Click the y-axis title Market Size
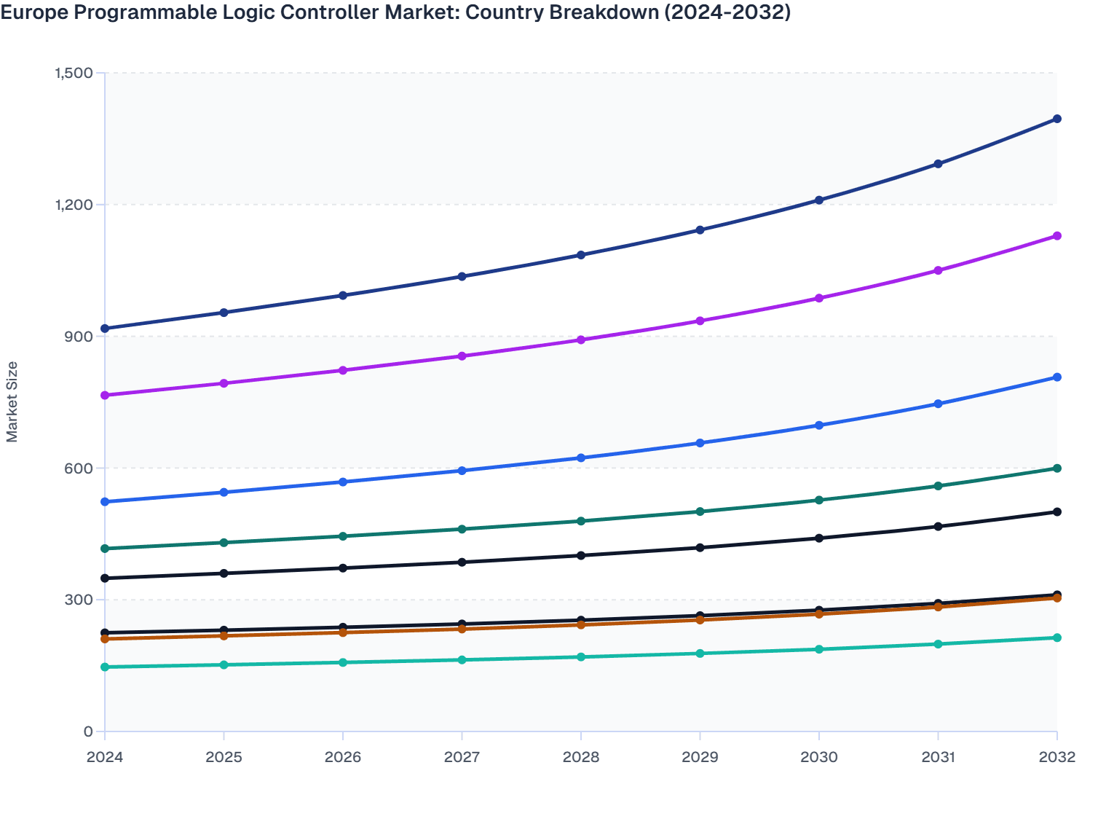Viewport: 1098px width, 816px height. point(12,401)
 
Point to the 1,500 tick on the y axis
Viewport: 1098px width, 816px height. point(73,73)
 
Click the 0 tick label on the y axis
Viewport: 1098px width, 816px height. point(88,731)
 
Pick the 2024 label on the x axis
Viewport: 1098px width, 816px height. point(105,757)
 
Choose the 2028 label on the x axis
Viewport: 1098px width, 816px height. point(581,757)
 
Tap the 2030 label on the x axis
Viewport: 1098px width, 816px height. point(819,757)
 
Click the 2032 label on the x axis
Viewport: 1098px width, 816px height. point(1057,757)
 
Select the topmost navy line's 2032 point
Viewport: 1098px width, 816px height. point(1057,119)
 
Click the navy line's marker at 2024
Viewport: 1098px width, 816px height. point(105,329)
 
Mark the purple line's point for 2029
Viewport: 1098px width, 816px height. point(700,321)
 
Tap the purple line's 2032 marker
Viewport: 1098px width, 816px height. point(1057,236)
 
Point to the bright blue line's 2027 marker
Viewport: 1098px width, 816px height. point(462,471)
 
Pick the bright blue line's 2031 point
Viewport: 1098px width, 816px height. point(938,404)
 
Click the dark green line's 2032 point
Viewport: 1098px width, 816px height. point(1057,468)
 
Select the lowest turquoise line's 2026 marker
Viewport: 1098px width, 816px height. point(343,662)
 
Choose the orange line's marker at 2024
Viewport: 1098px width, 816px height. point(105,639)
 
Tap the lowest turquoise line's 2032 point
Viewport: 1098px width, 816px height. point(1057,637)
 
